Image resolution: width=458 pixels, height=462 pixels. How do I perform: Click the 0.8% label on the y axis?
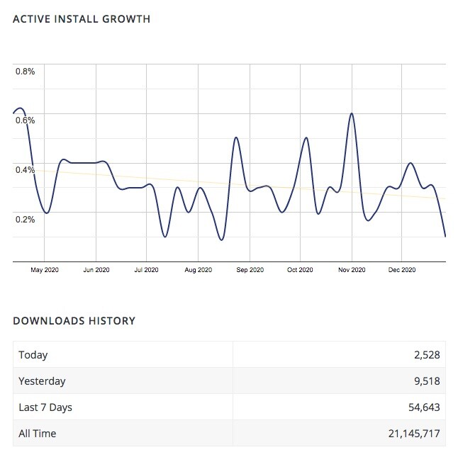[26, 72]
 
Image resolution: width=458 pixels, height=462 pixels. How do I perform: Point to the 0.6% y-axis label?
[26, 120]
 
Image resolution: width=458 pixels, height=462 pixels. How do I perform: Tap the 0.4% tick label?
[26, 169]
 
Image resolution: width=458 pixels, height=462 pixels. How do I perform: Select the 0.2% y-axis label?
[26, 219]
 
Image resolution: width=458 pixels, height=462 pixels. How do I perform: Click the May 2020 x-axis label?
[45, 270]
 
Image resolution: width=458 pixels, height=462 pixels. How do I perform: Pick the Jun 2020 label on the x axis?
[96, 270]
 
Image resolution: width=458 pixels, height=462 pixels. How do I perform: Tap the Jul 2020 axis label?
[147, 270]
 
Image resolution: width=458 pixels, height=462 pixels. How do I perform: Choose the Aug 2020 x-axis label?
[199, 270]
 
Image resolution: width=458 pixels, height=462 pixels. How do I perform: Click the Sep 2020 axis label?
[250, 270]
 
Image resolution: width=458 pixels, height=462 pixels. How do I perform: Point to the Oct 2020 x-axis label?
[301, 270]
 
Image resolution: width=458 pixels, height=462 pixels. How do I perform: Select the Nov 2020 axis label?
[352, 270]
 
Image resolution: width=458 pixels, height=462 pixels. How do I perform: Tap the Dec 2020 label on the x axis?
[402, 270]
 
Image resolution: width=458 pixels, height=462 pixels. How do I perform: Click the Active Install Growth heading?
[82, 19]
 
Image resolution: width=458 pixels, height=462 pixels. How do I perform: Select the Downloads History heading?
[74, 321]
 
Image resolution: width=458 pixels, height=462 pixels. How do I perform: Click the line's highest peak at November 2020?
[351, 113]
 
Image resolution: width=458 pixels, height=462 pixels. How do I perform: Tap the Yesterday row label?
[42, 381]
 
